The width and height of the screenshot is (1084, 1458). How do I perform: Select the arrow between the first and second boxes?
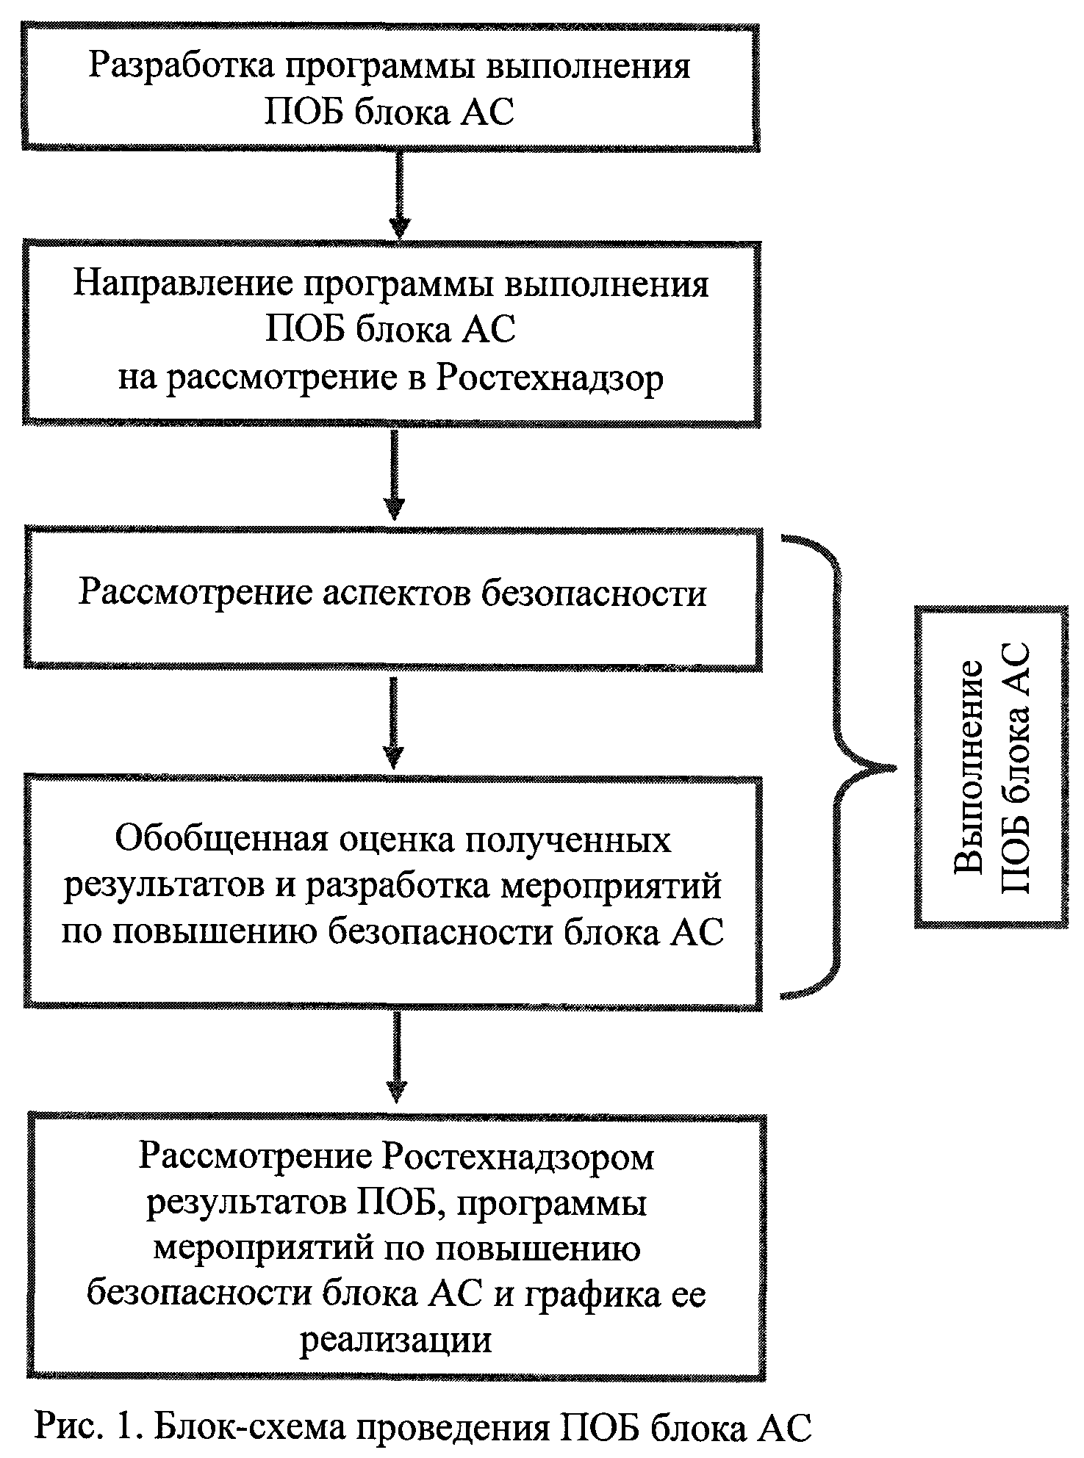[398, 195]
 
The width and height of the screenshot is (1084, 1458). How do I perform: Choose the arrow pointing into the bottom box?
[397, 1058]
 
